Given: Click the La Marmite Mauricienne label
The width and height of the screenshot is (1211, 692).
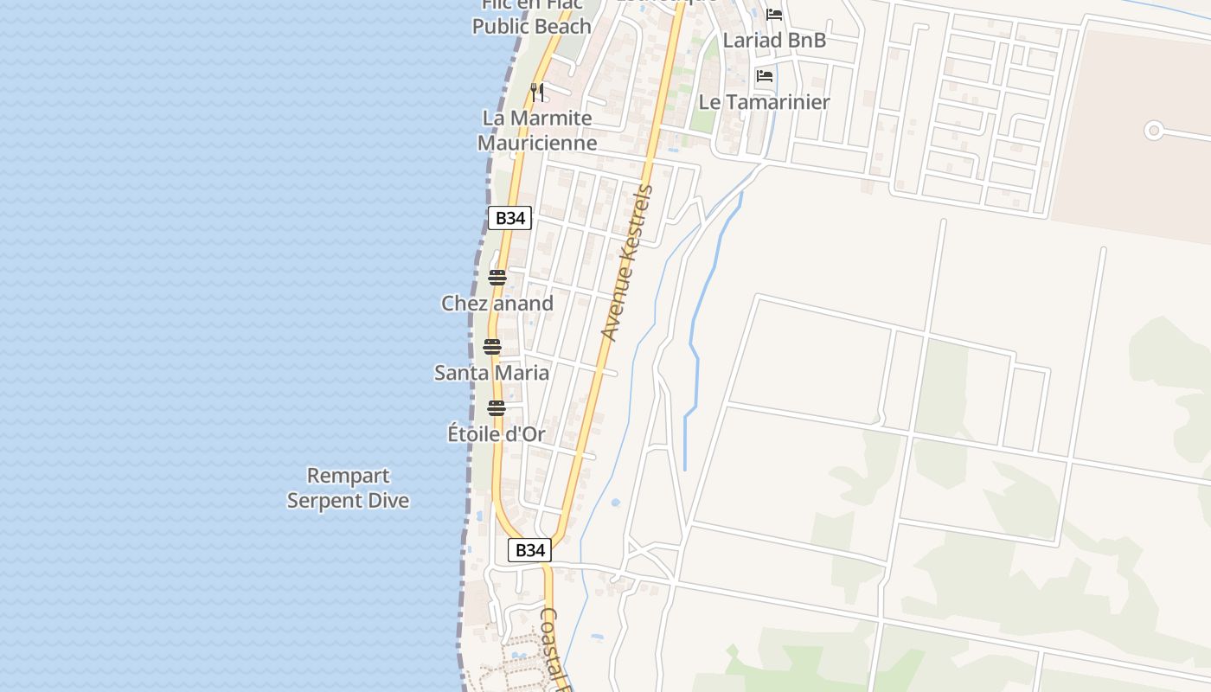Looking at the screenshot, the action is pos(537,131).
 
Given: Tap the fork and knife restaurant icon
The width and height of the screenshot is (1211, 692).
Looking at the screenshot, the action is pos(537,92).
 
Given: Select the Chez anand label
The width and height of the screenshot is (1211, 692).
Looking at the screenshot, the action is pos(497,304).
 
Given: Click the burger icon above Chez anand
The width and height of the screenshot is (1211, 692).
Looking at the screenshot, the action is pos(497,278).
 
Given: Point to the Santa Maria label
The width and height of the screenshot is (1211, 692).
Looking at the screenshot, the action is pos(491,373).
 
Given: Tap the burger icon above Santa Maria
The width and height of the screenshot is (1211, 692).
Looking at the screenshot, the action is pos(492,347).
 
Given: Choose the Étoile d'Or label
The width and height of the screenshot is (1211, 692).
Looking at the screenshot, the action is pos(497,434).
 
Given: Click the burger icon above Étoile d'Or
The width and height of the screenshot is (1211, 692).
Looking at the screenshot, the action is pos(497,408).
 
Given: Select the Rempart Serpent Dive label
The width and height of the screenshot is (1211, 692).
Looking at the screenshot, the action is pos(348,488).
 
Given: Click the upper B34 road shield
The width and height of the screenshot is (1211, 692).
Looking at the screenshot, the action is pos(509,218).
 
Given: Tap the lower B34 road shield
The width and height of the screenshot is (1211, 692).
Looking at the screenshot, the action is pos(529,550).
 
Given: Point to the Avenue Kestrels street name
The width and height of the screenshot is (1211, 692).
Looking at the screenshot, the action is pos(626,262).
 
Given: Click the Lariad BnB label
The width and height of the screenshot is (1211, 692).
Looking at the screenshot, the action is pos(774,40).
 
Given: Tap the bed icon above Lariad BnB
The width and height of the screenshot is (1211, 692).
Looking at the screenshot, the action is pos(774,15).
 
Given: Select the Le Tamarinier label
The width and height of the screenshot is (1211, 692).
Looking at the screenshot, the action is pos(764,102).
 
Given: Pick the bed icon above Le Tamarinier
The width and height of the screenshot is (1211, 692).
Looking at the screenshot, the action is pos(765,76).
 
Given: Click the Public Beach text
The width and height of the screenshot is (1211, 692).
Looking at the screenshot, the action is pos(531,26).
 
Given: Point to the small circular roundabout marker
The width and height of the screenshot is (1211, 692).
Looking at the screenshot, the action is pos(1153,131).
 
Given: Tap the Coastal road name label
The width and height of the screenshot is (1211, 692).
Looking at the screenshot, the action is pos(554,649).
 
